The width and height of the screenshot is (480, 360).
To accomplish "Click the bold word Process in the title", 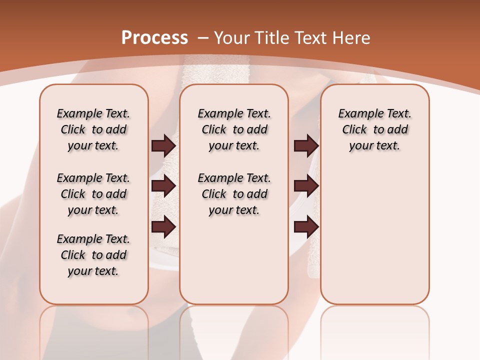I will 154,38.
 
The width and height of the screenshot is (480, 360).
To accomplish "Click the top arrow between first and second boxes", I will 163,146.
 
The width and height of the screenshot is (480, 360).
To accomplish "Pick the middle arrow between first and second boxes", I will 163,186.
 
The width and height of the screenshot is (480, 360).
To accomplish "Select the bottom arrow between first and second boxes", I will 163,227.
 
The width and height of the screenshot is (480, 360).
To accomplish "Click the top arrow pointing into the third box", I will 306,146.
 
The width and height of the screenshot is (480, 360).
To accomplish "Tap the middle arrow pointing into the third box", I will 306,186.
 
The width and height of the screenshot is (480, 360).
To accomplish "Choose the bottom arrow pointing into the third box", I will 306,227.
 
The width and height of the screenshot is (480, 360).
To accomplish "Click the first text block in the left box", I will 93,129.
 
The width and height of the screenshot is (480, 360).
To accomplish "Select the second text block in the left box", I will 93,194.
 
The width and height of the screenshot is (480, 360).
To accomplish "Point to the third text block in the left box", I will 93,255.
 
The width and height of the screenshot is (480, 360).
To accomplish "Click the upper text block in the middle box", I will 234,129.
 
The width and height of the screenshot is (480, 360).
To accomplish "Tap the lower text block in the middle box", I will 234,194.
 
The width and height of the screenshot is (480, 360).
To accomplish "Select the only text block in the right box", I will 374,129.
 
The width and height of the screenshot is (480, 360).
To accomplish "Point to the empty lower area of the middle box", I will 234,260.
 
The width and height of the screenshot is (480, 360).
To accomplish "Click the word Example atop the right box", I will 357,113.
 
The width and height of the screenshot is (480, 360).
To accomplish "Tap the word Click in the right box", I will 354,129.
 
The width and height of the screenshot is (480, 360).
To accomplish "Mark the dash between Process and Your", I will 203,38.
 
